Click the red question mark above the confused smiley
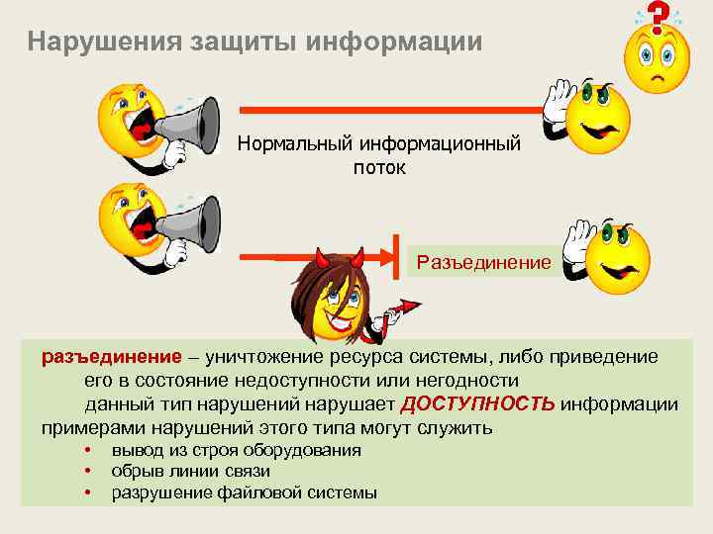(x=655, y=16)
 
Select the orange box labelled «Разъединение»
(x=482, y=263)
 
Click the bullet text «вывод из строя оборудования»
(x=236, y=450)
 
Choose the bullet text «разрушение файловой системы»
(x=244, y=492)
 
